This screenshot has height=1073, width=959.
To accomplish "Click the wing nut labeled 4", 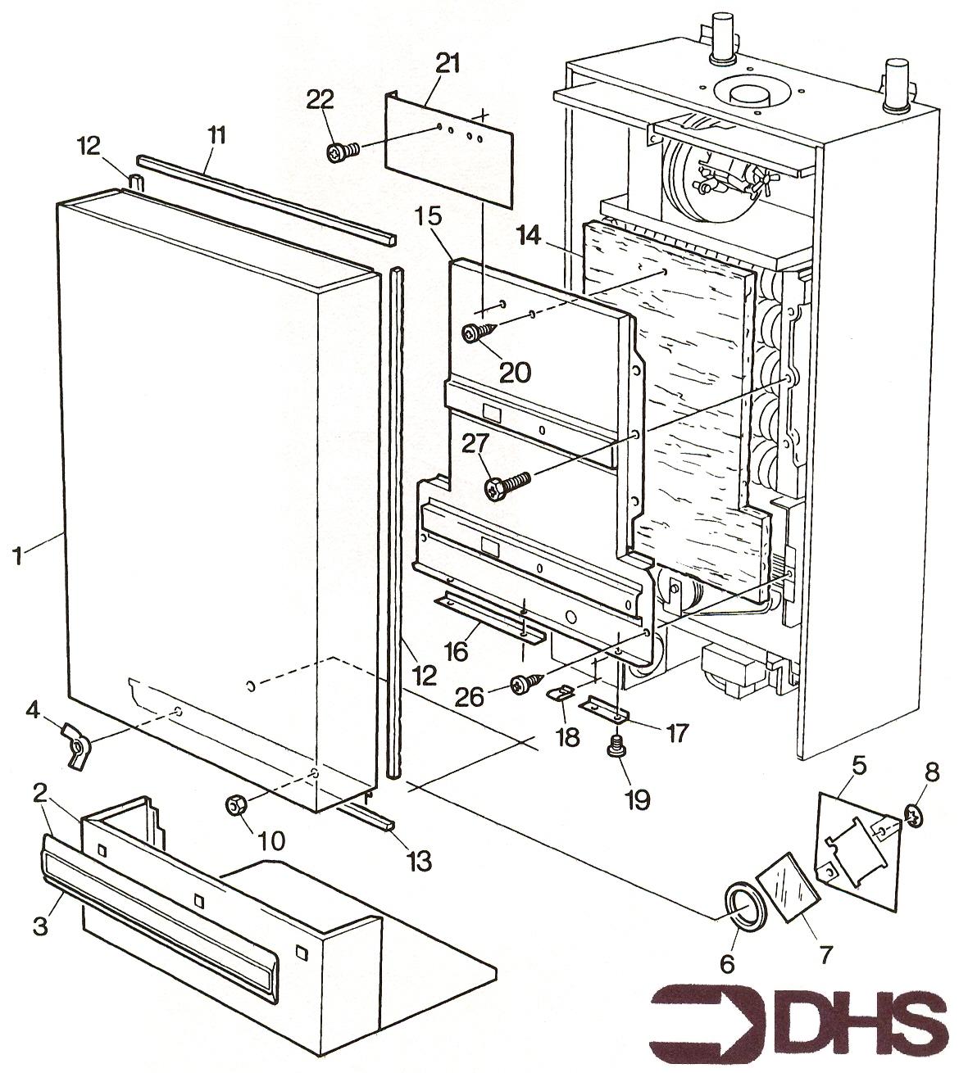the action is coord(76,746).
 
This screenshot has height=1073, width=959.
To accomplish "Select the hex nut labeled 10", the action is coord(235,805).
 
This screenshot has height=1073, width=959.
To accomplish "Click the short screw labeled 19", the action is coord(616,747).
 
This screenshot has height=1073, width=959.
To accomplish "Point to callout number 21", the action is coord(448,65).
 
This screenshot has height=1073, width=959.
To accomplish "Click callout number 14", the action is coord(529,236).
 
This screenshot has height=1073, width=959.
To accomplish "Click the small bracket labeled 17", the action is coord(605,709).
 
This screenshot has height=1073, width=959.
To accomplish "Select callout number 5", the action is coord(858,764).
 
